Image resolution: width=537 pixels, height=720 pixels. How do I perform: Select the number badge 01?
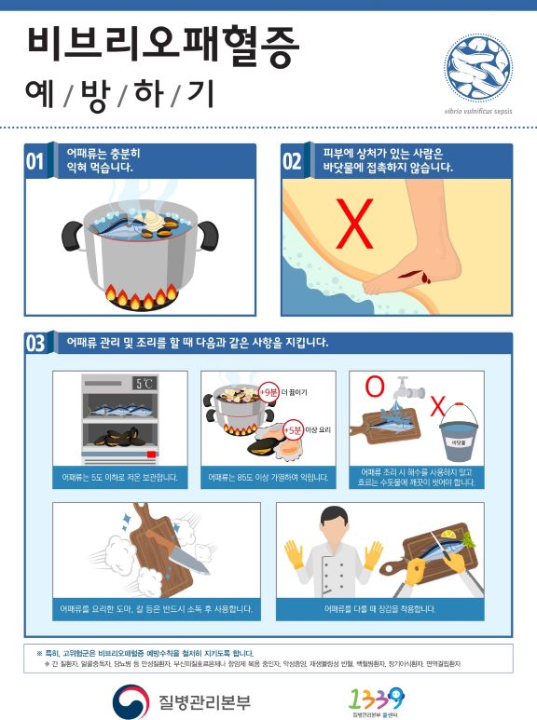coord(35,161)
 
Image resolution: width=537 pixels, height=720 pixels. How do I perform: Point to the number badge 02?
coord(292,161)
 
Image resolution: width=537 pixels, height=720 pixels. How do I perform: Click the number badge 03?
coord(35,343)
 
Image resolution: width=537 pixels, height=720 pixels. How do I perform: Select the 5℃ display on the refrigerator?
coord(145,383)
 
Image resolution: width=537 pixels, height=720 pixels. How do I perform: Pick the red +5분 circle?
coord(292,430)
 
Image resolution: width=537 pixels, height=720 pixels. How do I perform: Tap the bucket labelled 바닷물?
coord(458,434)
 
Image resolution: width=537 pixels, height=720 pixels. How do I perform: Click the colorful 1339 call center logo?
coord(376,698)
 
